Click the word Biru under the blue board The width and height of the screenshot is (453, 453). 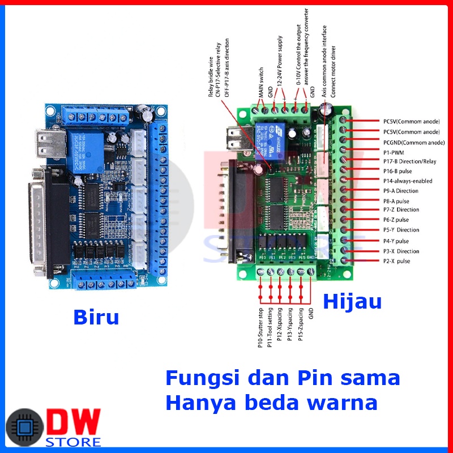(96, 317)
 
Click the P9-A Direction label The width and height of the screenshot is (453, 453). (401, 191)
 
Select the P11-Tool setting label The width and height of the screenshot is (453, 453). (271, 327)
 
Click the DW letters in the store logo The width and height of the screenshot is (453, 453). (73, 422)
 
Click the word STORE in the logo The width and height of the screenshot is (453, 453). (74, 442)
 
